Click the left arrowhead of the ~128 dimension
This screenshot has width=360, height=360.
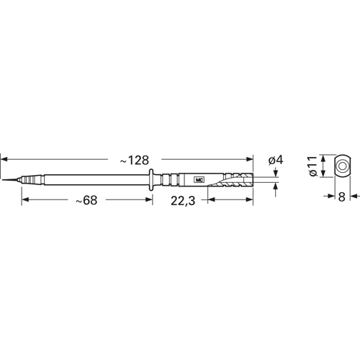pyautogui.click(x=4, y=158)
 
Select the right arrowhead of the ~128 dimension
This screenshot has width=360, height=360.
pyautogui.click(x=251, y=158)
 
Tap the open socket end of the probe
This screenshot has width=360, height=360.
pyautogui.click(x=248, y=178)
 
